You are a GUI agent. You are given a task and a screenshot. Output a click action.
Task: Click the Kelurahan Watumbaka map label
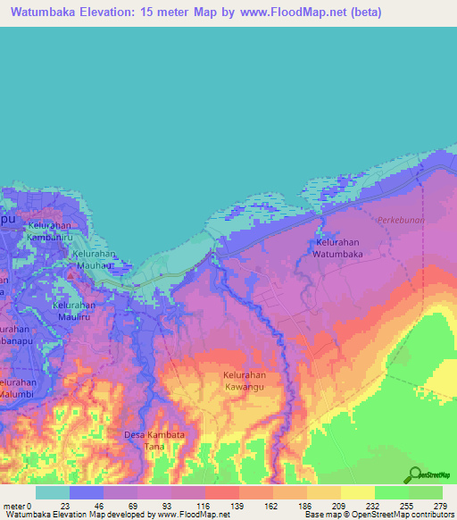337,247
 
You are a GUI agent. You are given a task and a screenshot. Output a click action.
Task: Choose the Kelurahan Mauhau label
94,259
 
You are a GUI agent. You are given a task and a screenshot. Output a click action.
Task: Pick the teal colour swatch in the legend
53,492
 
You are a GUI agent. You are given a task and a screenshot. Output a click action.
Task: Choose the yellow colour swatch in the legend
357,492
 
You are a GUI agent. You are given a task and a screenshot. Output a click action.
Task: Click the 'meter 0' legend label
17,506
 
